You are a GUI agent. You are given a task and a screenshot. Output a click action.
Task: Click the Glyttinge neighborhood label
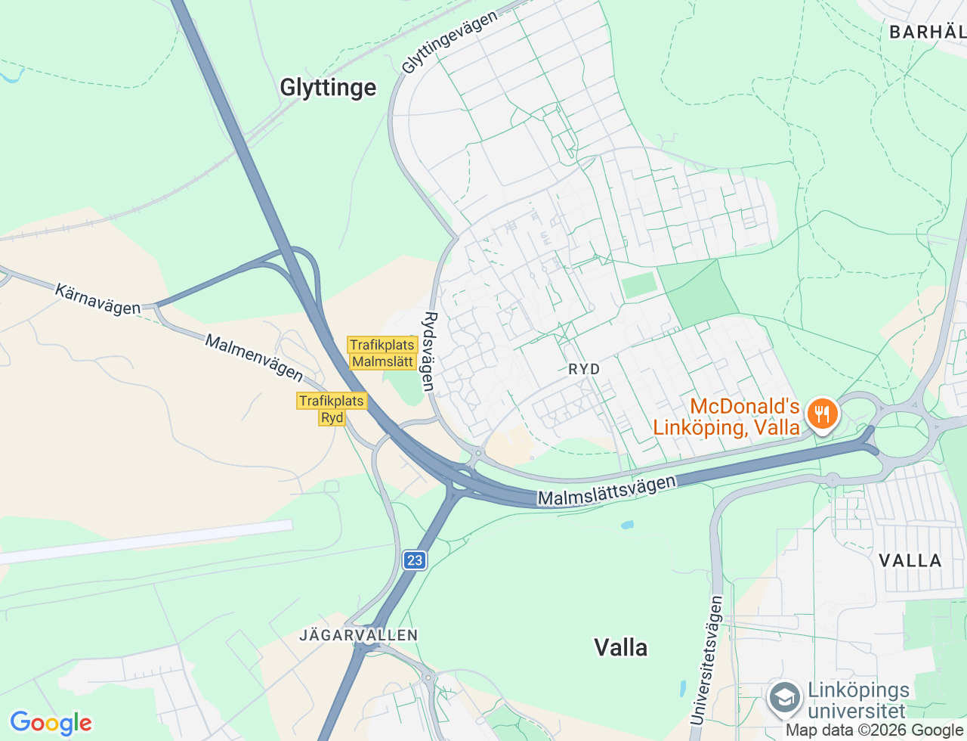click(328, 88)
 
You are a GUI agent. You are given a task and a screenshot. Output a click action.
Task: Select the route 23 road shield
click(414, 560)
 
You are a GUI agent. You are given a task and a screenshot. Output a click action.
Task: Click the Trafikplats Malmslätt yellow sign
click(382, 353)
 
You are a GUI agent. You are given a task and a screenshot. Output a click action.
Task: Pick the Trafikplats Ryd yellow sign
click(332, 409)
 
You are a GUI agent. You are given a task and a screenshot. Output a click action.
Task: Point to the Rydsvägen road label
click(430, 352)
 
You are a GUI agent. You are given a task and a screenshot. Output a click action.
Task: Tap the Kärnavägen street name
click(97, 299)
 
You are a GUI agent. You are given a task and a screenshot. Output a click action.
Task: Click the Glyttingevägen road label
click(450, 42)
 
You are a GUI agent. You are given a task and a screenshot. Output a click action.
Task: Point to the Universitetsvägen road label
click(706, 660)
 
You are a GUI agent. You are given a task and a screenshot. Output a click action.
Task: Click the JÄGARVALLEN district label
click(358, 635)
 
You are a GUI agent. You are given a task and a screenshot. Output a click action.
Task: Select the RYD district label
click(584, 369)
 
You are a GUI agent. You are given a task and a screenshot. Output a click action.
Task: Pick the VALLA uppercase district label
click(910, 560)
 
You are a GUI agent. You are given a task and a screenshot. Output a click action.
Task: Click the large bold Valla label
click(620, 647)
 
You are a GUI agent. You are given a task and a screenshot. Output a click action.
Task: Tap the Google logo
click(51, 723)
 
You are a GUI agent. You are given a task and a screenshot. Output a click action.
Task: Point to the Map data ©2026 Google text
click(875, 730)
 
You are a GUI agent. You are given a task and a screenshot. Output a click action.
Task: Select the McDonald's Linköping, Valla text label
click(726, 417)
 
